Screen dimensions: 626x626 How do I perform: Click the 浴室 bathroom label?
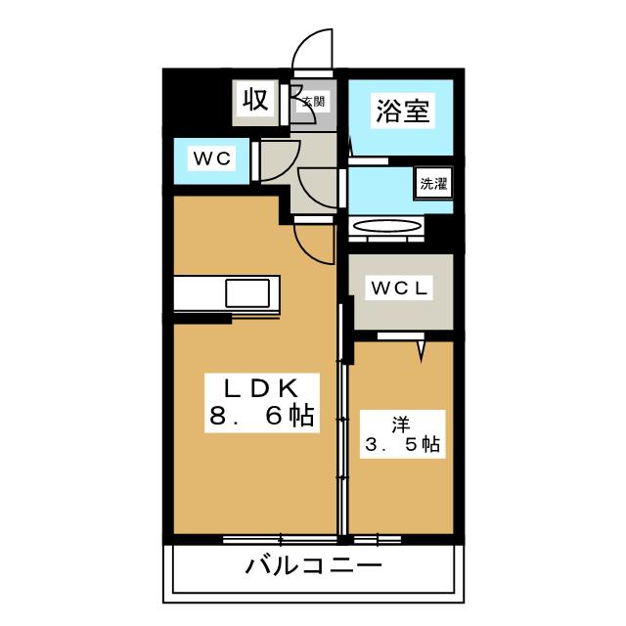[x=401, y=111]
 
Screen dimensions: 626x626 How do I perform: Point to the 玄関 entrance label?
[x=313, y=101]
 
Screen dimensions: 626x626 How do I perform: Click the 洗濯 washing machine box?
[x=432, y=183]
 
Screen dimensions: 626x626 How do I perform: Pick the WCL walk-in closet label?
[x=400, y=290]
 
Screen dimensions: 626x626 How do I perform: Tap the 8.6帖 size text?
[x=259, y=417]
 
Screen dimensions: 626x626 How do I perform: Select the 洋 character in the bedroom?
[x=401, y=423]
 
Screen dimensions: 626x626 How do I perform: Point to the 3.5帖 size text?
[x=401, y=445]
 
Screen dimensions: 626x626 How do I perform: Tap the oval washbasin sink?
[x=387, y=227]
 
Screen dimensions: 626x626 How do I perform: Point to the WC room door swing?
[x=275, y=159]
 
